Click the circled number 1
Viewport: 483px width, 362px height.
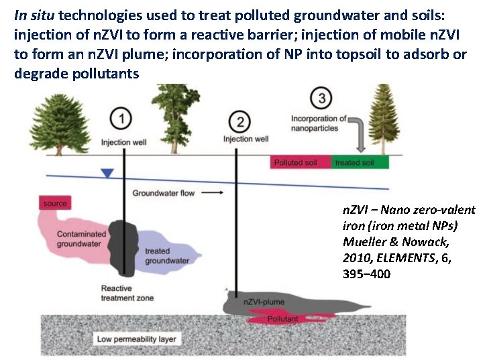click(x=121, y=119)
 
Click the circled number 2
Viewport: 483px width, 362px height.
click(x=239, y=122)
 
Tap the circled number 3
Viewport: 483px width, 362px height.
click(x=323, y=99)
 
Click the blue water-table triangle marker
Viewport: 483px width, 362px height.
click(x=106, y=174)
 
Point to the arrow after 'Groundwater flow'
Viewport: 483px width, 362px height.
click(x=213, y=192)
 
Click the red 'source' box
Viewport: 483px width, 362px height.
click(x=55, y=203)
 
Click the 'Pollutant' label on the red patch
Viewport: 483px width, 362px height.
click(x=282, y=319)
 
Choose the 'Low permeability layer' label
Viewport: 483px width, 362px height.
click(x=136, y=339)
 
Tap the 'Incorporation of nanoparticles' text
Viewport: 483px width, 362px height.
click(x=319, y=123)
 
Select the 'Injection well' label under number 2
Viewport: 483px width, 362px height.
click(x=246, y=139)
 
